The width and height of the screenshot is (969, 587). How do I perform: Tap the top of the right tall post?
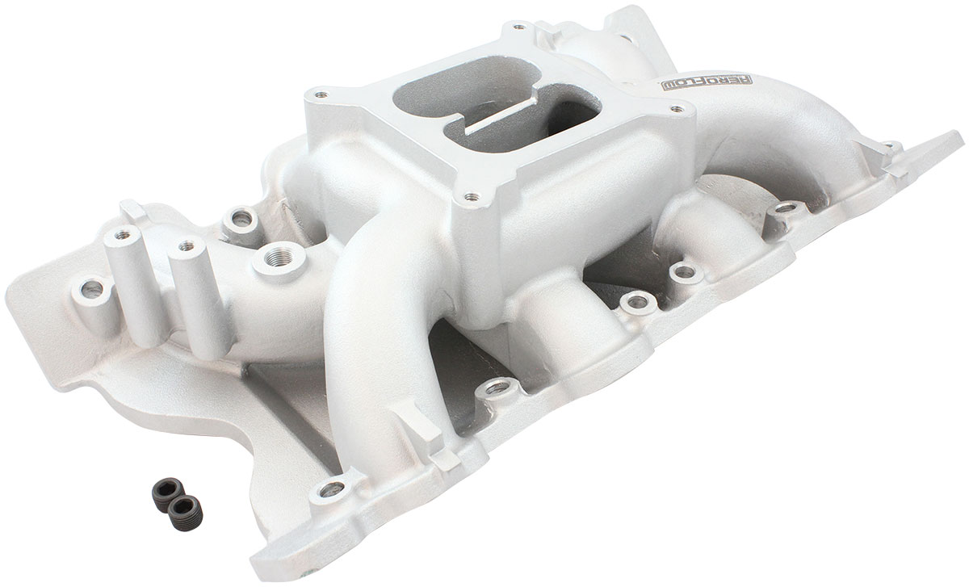[187, 245]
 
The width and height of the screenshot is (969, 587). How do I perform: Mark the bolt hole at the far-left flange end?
[89, 287]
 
